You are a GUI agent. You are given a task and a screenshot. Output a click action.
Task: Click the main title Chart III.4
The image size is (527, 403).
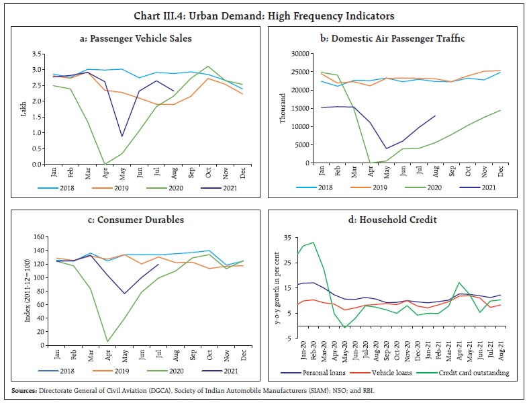tap(262, 15)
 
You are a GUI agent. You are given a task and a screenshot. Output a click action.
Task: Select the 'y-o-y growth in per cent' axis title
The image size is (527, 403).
tap(277, 290)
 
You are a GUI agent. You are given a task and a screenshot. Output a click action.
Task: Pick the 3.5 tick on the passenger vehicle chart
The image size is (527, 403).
tap(40, 54)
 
